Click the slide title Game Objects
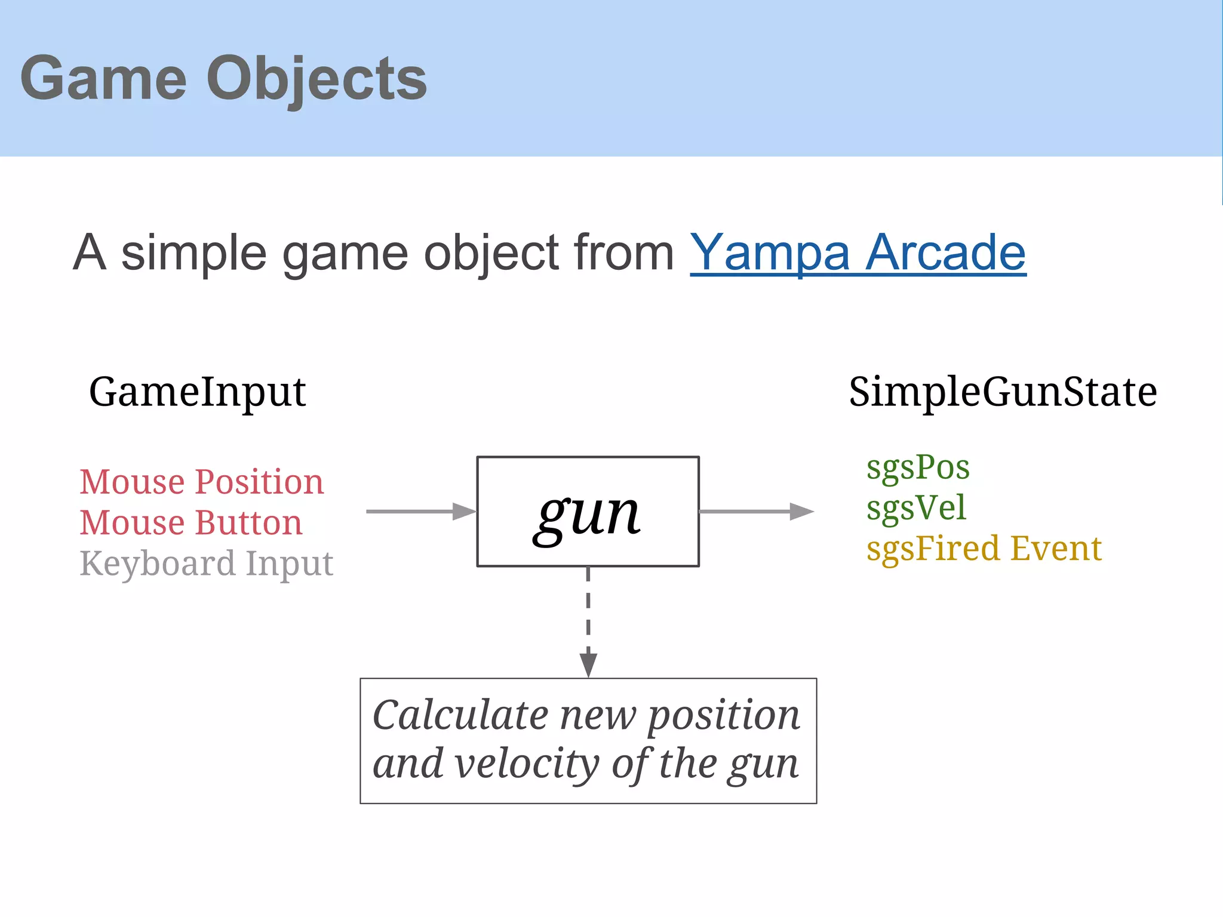click(223, 79)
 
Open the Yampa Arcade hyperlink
click(858, 253)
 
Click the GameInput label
click(197, 392)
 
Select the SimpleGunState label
click(1003, 392)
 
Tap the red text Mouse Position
click(201, 482)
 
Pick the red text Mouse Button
click(191, 523)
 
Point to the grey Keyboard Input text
click(206, 564)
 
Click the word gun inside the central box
click(588, 513)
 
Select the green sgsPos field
click(918, 467)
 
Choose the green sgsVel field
click(916, 509)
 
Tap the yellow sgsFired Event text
click(984, 549)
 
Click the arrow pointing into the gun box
click(420, 512)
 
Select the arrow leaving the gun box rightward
click(756, 512)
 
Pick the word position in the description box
click(724, 716)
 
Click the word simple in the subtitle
click(193, 253)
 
